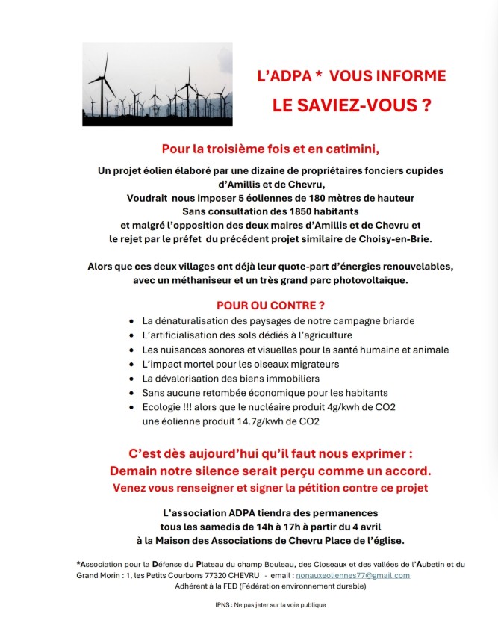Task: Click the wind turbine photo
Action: pos(157,84)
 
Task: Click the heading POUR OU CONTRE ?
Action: pos(270,305)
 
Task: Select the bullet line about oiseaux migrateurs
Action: pos(240,364)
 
